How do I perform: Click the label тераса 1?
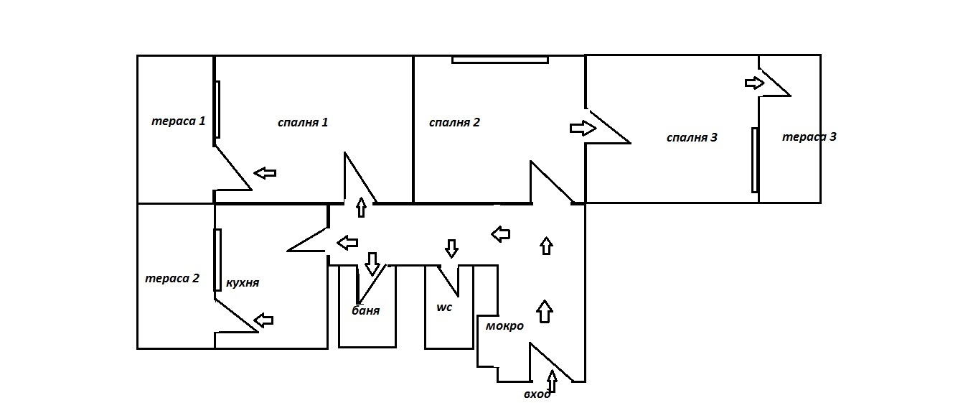point(178,121)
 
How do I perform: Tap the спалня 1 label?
point(303,121)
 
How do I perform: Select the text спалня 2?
point(454,121)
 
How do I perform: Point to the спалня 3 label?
point(692,137)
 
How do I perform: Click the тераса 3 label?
point(809,136)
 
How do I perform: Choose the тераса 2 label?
point(172,278)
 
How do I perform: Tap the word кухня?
point(242,282)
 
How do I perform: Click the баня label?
point(365,311)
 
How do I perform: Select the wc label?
point(444,307)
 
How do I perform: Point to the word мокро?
point(504,325)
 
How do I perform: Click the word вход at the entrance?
point(537,394)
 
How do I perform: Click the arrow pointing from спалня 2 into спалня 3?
point(583,128)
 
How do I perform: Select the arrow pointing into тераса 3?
point(755,83)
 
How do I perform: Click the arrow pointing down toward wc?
point(451,248)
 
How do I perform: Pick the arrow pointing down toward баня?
point(372,263)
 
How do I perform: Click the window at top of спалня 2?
point(500,60)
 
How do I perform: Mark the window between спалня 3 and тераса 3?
point(754,159)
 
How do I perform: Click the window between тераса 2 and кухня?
point(217,259)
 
